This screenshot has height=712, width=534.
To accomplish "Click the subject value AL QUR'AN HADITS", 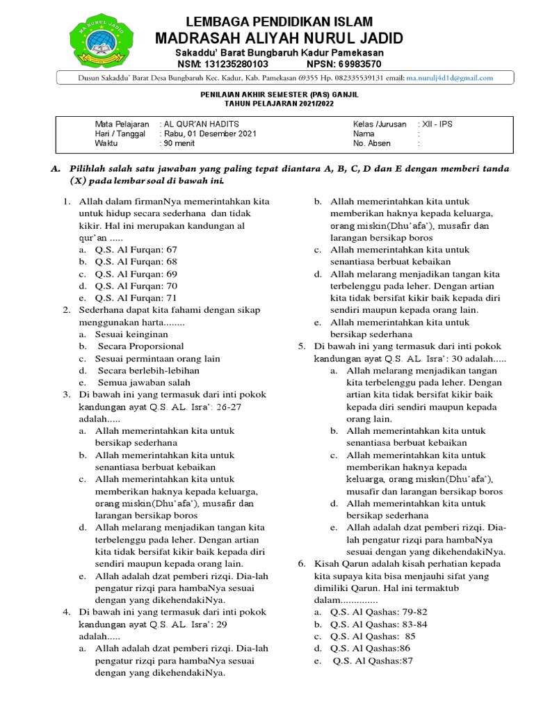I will tap(200, 124).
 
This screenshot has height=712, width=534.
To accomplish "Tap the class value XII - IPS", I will tap(435, 124).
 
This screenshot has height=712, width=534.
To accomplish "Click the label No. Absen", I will tap(372, 143).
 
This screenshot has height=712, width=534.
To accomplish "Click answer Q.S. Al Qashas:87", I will tap(373, 661).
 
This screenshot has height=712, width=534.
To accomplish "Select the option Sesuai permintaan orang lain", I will tap(158, 358).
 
